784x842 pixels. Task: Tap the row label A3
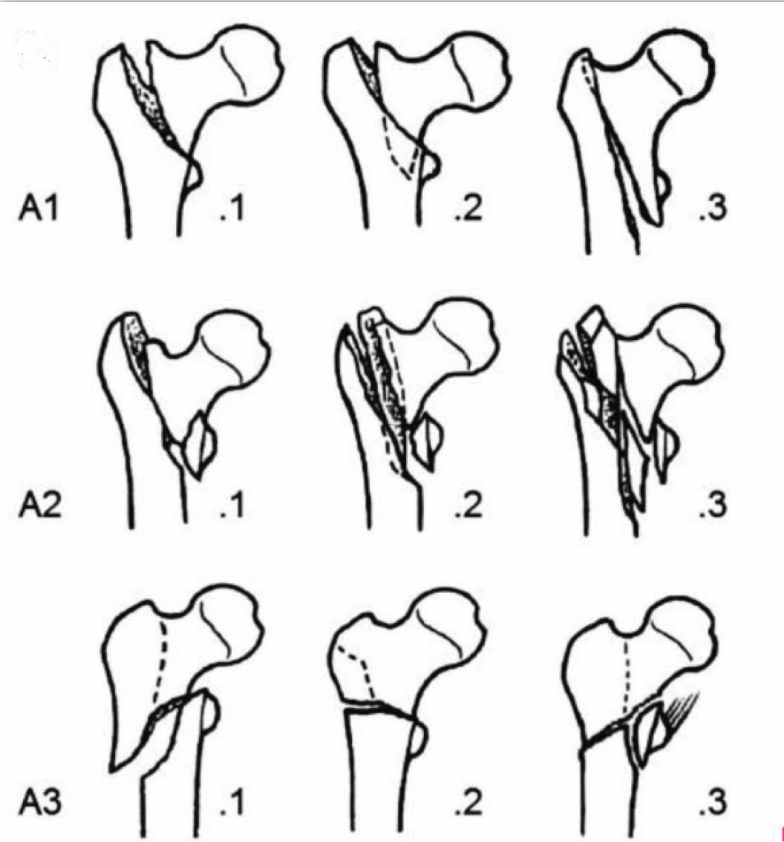click(40, 803)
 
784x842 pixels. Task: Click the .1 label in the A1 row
click(231, 208)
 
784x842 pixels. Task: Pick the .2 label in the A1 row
click(468, 208)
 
